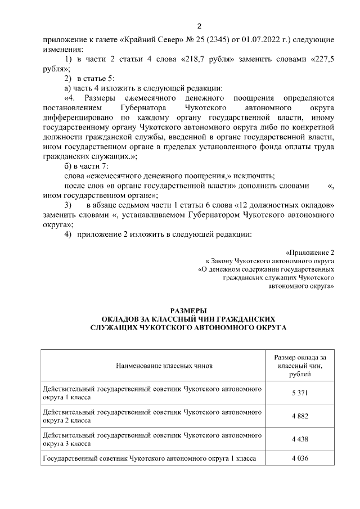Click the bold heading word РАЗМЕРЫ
(x=188, y=310)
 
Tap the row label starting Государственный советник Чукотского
(x=150, y=458)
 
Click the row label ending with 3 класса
(x=152, y=439)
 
